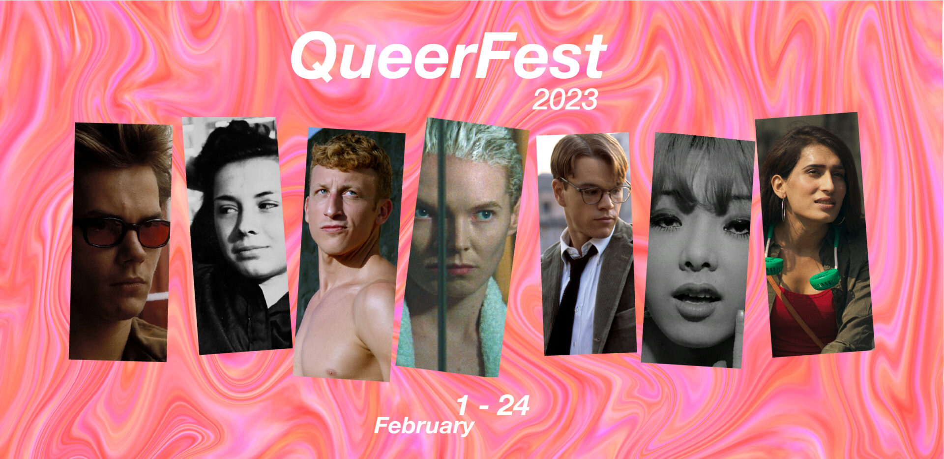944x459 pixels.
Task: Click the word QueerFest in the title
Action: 448,56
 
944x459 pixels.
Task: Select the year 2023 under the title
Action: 565,100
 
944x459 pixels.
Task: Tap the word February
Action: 424,426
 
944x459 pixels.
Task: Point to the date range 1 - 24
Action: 493,406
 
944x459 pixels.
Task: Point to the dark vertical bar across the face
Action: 441,246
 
